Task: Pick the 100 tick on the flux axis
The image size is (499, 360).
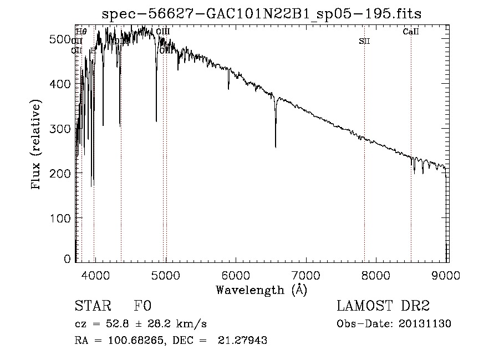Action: coord(63,218)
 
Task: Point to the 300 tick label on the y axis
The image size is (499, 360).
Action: coord(63,129)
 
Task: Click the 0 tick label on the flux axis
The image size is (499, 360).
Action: coord(68,259)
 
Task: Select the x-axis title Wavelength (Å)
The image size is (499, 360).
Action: coord(261,290)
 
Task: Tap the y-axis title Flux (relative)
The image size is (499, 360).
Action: coord(37,145)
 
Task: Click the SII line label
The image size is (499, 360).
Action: coord(364,41)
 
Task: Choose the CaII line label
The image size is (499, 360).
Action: coord(411,32)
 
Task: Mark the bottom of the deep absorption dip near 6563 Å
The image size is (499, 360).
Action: coord(276,146)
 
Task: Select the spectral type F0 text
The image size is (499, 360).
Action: coord(142,306)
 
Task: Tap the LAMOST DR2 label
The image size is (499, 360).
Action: coord(383,306)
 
